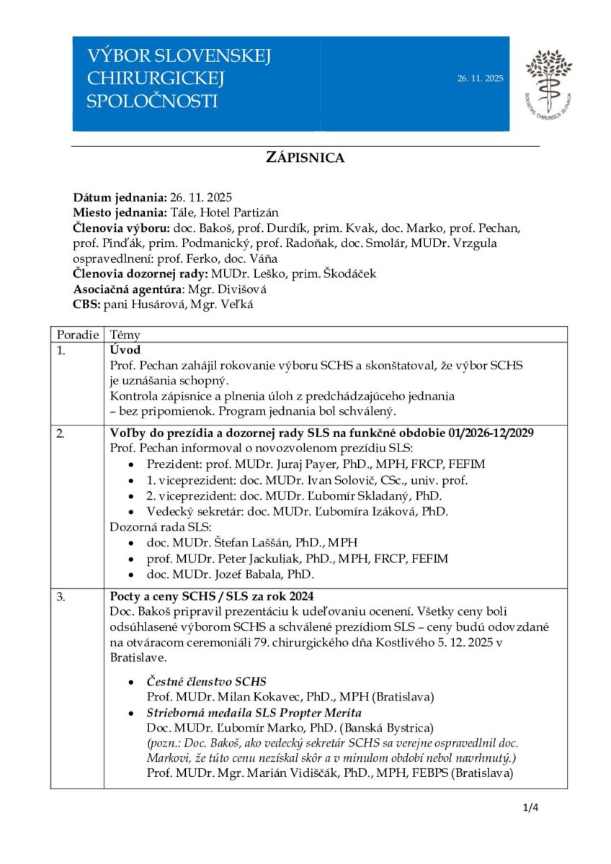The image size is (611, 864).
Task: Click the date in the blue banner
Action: (x=480, y=78)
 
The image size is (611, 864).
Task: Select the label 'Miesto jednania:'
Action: (x=120, y=212)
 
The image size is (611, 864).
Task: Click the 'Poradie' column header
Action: (x=75, y=335)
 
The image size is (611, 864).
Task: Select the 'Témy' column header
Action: (x=124, y=335)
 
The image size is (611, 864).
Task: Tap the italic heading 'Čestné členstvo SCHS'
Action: (x=207, y=681)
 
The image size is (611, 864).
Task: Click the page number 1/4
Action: (x=530, y=807)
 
